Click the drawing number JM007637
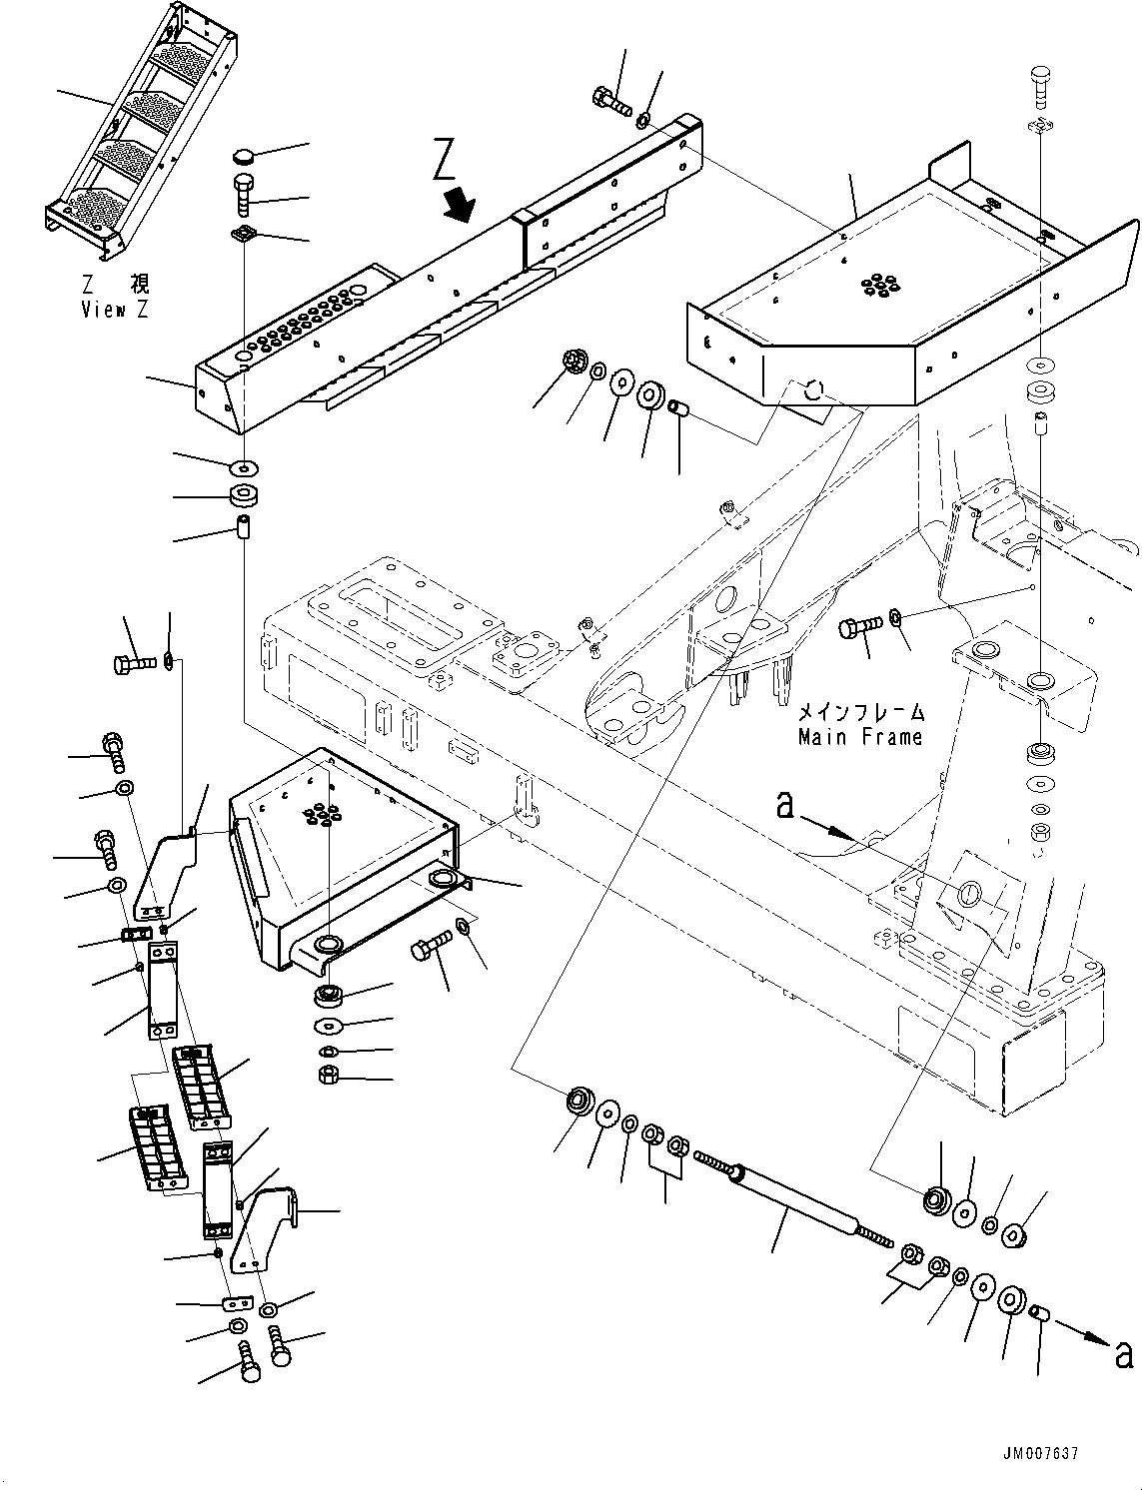(1038, 1455)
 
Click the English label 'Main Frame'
(859, 737)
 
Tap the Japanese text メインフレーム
(860, 713)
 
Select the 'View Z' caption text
(114, 310)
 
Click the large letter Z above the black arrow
(448, 160)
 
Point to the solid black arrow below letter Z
(461, 205)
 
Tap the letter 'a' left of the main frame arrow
(787, 805)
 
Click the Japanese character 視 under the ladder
(137, 286)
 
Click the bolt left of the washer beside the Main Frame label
(858, 627)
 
